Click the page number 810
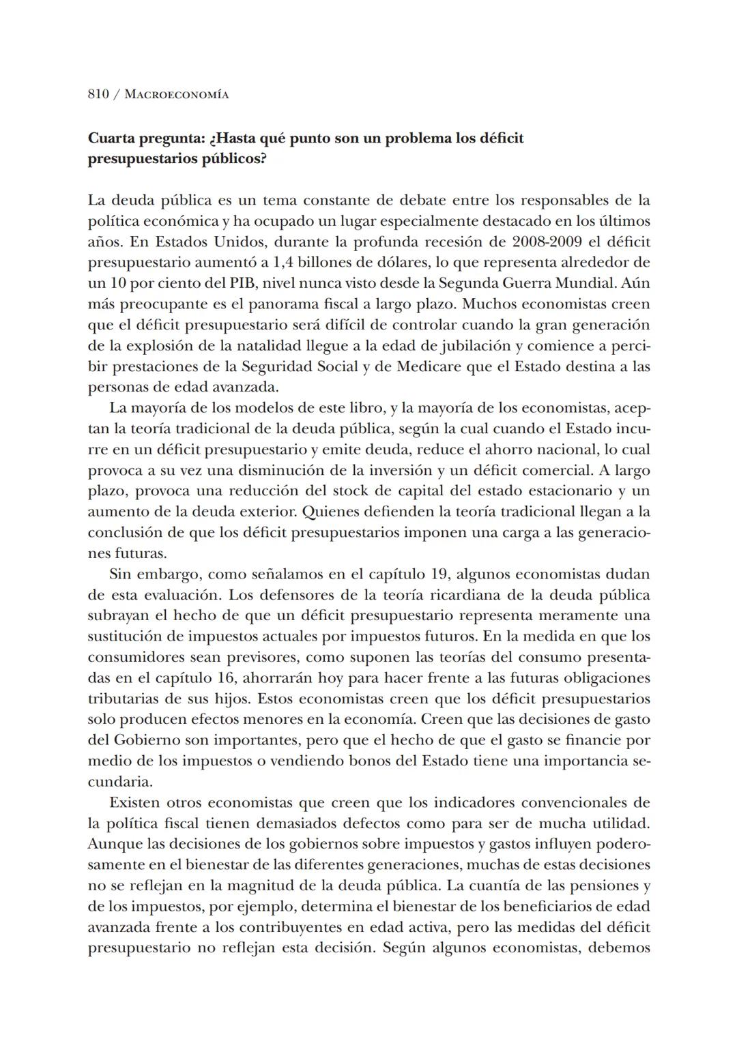(x=98, y=95)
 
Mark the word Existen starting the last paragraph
(x=134, y=803)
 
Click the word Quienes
(x=331, y=512)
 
